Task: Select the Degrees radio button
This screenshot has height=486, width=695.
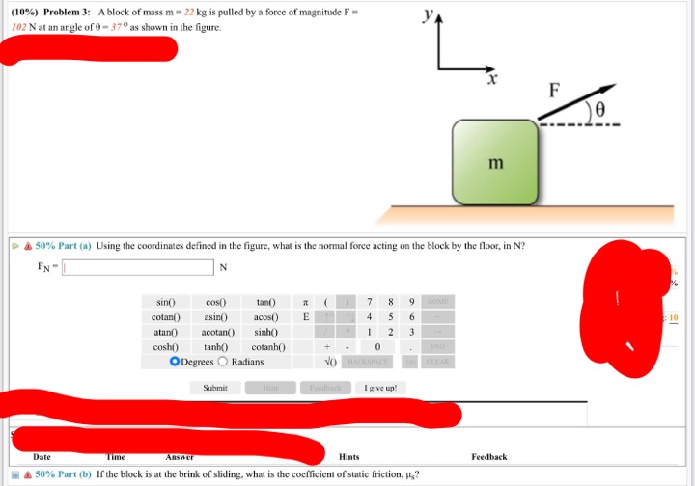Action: pyautogui.click(x=175, y=362)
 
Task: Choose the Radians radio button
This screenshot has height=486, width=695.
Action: pyautogui.click(x=224, y=362)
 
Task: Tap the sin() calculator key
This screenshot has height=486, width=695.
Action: pyautogui.click(x=165, y=303)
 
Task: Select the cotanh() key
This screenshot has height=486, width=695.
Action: pyautogui.click(x=265, y=346)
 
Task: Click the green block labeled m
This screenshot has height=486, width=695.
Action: pyautogui.click(x=495, y=162)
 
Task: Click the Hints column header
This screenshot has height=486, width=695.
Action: pyautogui.click(x=349, y=457)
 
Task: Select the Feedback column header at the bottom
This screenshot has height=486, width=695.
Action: pyautogui.click(x=489, y=457)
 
